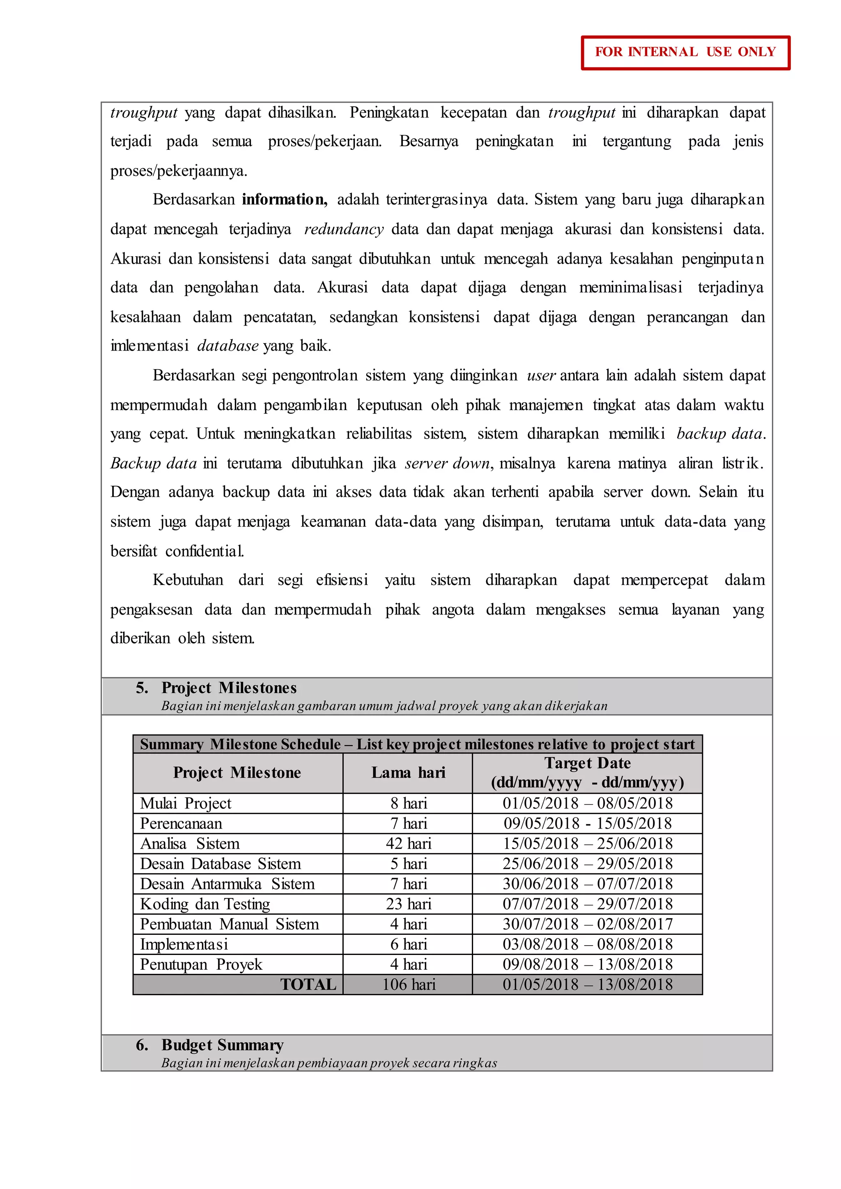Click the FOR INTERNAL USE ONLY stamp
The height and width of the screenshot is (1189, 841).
tap(685, 52)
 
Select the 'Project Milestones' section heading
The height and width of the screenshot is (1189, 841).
tap(228, 688)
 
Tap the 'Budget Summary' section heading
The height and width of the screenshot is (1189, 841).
tap(222, 1044)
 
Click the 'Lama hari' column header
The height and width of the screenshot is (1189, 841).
tap(408, 773)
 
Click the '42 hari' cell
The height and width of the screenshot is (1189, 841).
tap(408, 844)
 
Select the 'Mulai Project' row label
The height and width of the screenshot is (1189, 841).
tap(185, 803)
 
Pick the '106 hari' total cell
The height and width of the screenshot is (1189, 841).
tap(408, 985)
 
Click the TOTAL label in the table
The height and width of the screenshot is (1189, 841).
tap(308, 985)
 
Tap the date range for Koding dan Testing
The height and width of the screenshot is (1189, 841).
tap(587, 904)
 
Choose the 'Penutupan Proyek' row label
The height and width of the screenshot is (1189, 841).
tap(201, 964)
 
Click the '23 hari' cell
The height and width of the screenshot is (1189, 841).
tap(408, 904)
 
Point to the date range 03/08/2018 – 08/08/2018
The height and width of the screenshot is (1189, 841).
tap(587, 944)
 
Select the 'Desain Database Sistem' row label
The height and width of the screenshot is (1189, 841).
tap(220, 864)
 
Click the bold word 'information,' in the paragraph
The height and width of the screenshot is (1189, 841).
tap(284, 200)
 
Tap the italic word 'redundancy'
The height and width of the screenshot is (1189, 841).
tap(343, 229)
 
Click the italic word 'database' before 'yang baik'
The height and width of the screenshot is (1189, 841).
tap(227, 345)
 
